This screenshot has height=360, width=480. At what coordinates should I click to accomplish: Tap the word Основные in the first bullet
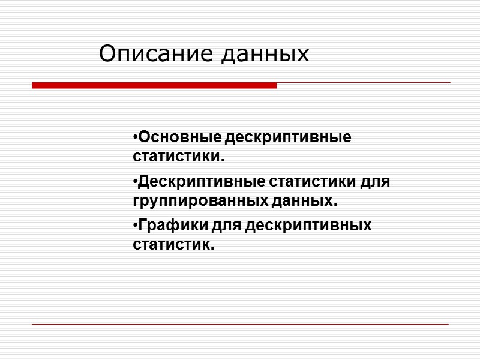click(179, 137)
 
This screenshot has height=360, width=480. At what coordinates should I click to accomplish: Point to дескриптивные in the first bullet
click(289, 137)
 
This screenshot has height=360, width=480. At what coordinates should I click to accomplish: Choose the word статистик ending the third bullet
click(173, 245)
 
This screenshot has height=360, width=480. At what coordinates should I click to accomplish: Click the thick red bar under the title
click(154, 86)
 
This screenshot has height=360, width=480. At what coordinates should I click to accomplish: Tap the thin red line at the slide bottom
click(240, 325)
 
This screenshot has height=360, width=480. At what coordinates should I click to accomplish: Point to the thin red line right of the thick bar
click(363, 83)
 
